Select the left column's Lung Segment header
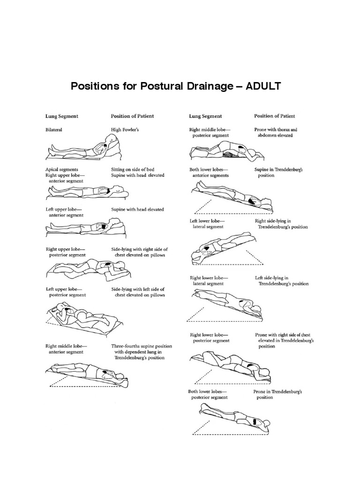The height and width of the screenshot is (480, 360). click(61, 116)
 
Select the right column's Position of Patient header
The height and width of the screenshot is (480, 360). click(274, 116)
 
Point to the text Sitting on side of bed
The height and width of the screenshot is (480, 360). click(133, 169)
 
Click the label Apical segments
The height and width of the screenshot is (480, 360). click(61, 169)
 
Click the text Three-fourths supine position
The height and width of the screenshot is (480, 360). click(142, 346)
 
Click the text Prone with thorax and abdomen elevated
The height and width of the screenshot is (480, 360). click(276, 132)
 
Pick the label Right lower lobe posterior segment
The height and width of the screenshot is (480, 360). click(209, 338)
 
